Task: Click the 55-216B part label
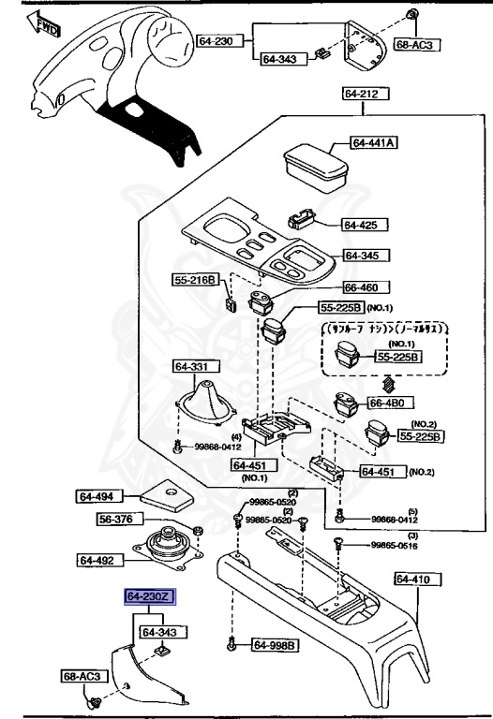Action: (194, 279)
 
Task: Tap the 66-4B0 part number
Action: (385, 403)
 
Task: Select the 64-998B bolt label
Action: (275, 645)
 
